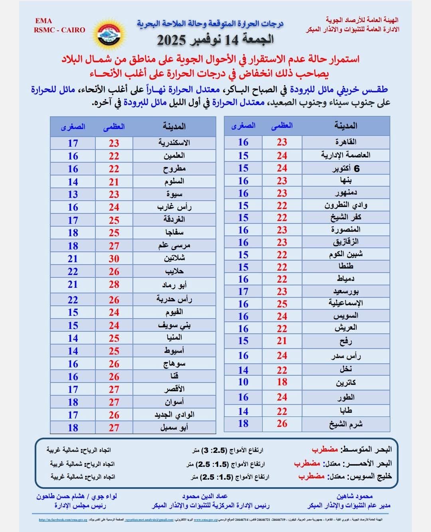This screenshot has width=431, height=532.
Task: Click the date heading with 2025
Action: (x=215, y=40)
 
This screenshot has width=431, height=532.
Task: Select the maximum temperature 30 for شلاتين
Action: (x=114, y=259)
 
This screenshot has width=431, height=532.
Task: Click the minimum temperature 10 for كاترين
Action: (x=243, y=382)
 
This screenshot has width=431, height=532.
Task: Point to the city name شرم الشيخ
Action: (x=346, y=424)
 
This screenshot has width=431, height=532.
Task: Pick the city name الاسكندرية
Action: (x=174, y=143)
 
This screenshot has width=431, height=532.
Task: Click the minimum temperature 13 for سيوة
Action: (x=73, y=194)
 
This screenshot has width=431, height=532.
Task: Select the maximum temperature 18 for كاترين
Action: (x=282, y=382)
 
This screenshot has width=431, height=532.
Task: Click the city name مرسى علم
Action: (x=174, y=245)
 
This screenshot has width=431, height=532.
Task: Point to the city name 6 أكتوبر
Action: (x=346, y=168)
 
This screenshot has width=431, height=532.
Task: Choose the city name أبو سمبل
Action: (x=174, y=427)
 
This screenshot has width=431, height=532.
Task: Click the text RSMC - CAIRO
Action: (x=59, y=30)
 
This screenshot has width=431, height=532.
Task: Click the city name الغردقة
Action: (x=174, y=219)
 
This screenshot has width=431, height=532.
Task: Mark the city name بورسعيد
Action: (x=346, y=291)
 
